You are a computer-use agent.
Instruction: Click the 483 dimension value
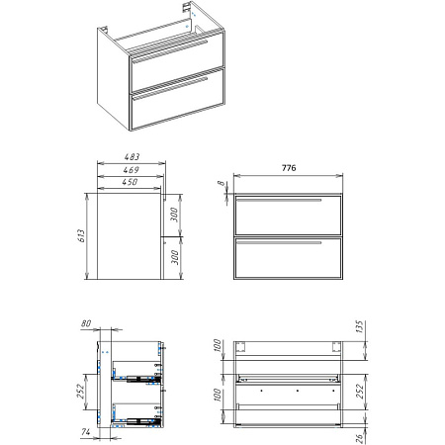[x=132, y=157]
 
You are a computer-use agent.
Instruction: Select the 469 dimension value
[x=131, y=170]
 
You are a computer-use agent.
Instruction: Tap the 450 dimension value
[x=130, y=182]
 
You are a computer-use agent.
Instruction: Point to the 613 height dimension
[x=81, y=235]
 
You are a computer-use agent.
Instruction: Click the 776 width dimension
[x=289, y=168]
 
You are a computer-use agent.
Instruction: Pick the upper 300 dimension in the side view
[x=175, y=215]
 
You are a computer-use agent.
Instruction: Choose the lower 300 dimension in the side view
[x=175, y=257]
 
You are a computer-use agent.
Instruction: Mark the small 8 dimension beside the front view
[x=222, y=183]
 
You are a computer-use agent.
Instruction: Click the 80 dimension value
[x=86, y=323]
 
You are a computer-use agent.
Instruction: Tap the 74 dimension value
[x=86, y=431]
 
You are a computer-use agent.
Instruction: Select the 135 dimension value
[x=359, y=326]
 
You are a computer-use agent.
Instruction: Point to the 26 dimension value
[x=359, y=438]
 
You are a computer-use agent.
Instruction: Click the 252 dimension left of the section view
[x=81, y=392]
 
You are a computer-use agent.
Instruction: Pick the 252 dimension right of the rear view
[x=359, y=392]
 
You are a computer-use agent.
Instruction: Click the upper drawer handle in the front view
[x=279, y=200]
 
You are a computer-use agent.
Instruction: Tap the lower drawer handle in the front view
[x=279, y=242]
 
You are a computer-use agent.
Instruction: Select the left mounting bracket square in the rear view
[x=240, y=347]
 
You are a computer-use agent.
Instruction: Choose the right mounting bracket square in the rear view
[x=336, y=347]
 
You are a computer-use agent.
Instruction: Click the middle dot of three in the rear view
[x=298, y=391]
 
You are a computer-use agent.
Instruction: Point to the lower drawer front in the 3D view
[x=178, y=108]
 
